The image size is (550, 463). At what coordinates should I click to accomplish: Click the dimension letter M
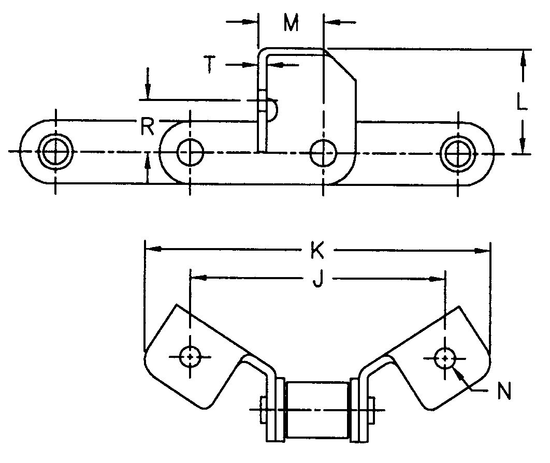coord(292,23)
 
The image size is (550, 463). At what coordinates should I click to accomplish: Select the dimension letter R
coord(148,126)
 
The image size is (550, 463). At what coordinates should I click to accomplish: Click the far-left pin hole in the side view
coord(55,152)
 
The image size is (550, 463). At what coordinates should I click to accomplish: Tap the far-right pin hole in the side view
coord(457,152)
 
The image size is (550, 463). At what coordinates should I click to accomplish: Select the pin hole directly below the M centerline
coord(323,152)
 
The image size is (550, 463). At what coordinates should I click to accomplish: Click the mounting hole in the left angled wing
coord(191,356)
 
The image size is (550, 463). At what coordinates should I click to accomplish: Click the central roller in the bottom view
coord(317,409)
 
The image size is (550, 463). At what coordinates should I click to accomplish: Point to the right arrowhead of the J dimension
coord(440,279)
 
